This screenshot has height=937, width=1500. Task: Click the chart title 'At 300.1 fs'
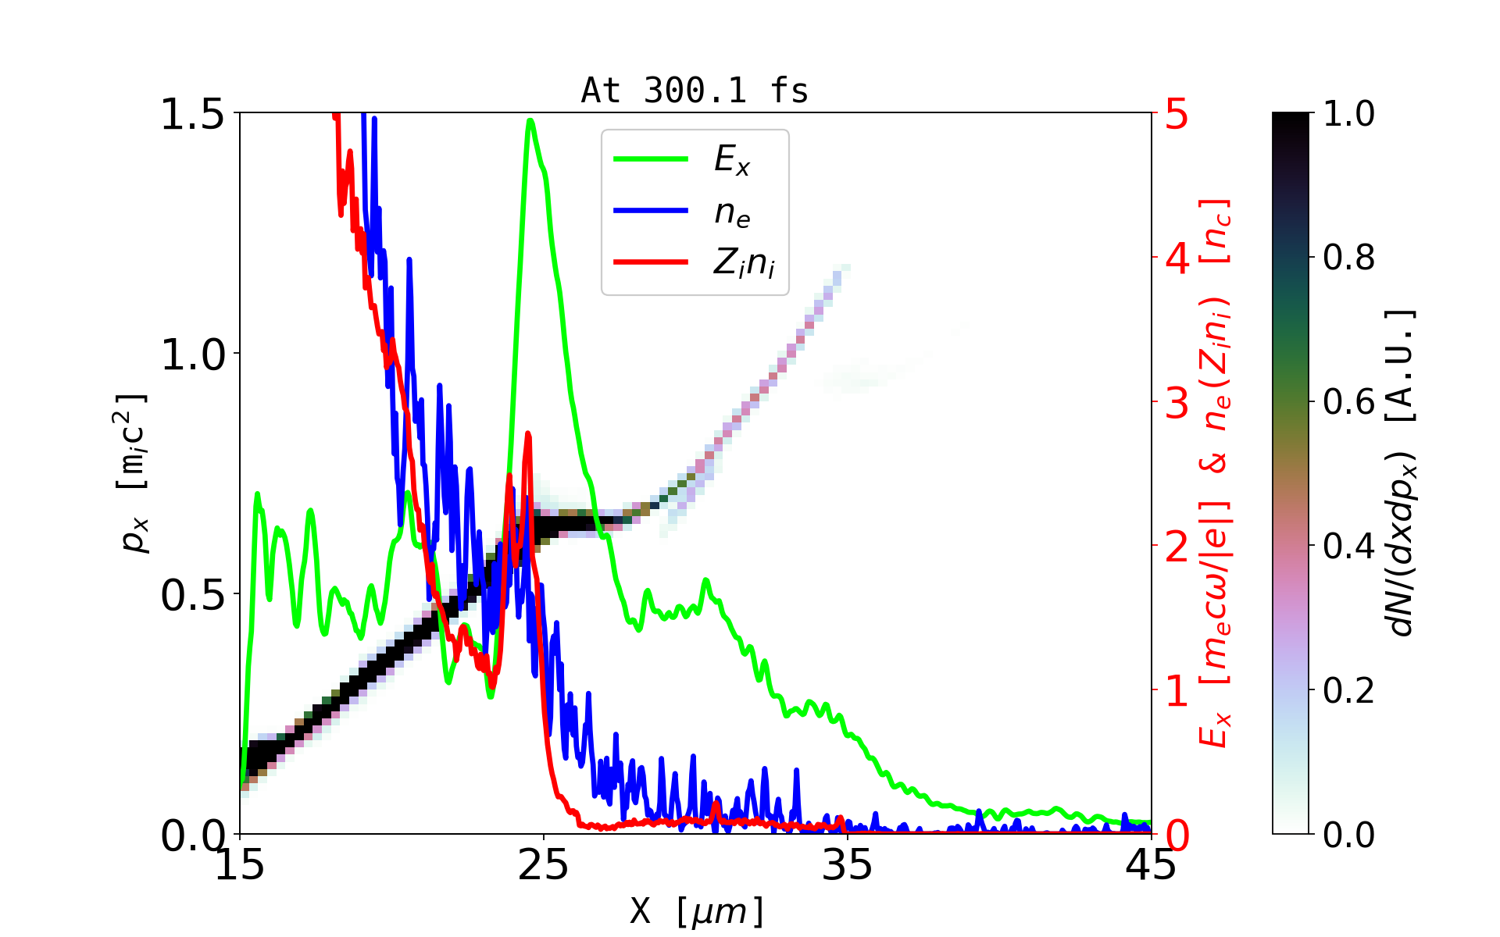click(x=695, y=91)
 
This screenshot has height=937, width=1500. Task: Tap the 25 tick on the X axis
click(x=544, y=865)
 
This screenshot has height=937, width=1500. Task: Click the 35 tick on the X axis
click(x=848, y=865)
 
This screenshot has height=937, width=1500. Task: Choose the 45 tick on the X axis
click(x=1152, y=865)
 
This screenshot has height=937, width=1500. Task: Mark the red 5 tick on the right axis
click(x=1177, y=114)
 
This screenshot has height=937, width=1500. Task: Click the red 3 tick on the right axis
click(x=1177, y=403)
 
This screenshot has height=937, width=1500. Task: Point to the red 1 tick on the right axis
click(x=1177, y=691)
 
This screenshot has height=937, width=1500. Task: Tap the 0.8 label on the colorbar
click(x=1348, y=258)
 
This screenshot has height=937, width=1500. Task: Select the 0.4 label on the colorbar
click(x=1348, y=547)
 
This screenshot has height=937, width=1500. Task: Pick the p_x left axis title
click(x=134, y=473)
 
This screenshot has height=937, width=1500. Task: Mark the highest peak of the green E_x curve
click(x=530, y=120)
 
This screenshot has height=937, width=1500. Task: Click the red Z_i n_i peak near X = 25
click(x=528, y=433)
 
